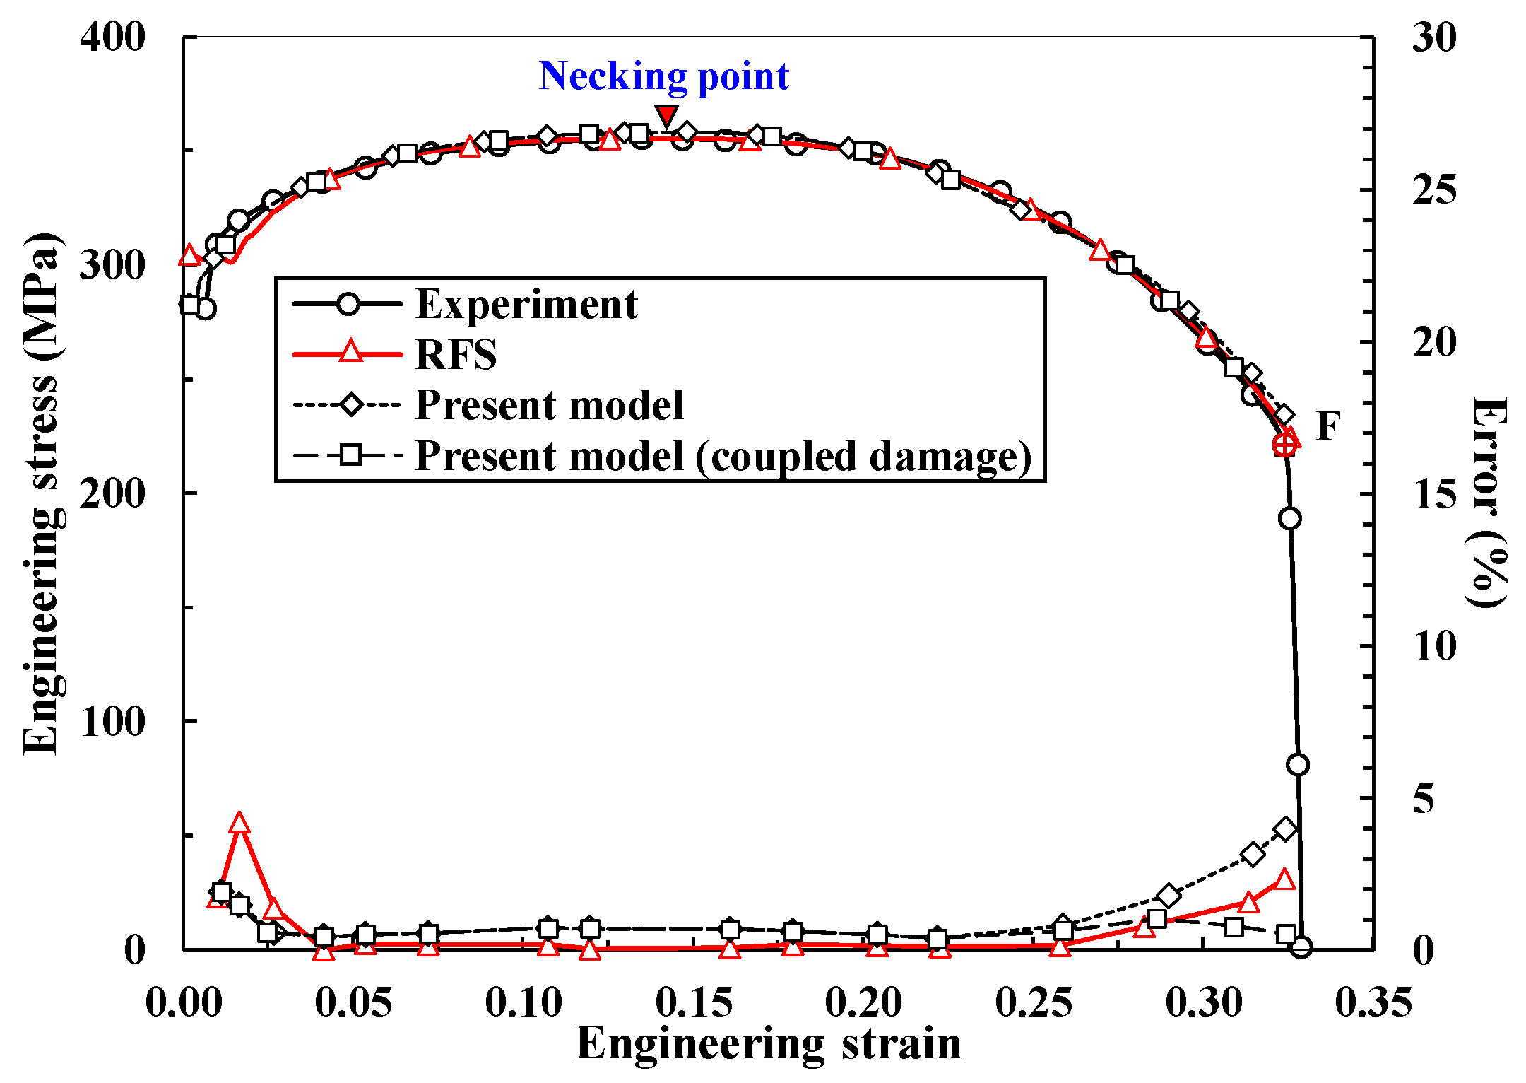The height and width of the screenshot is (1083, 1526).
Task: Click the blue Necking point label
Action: pos(663,76)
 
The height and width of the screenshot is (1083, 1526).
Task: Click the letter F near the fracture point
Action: pos(1328,426)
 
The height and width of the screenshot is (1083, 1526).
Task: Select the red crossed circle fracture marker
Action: pos(1285,445)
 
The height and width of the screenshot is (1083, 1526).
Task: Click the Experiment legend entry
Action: pos(526,305)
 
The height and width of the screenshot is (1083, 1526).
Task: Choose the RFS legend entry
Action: pos(456,355)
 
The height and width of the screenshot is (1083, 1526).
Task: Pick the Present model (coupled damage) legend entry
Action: pos(723,456)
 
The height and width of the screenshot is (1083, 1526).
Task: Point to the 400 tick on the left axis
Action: pos(112,37)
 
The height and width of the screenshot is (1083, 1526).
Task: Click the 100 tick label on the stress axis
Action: pos(112,722)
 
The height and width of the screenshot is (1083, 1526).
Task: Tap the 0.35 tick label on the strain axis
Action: pos(1373,1002)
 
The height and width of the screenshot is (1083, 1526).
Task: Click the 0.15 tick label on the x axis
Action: pos(693,1002)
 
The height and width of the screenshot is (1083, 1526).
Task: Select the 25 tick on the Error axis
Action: pos(1433,189)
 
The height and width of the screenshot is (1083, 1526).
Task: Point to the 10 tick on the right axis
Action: pos(1433,646)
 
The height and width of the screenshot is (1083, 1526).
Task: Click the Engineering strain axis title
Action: pos(769,1043)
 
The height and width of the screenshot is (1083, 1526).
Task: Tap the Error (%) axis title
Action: pos(1489,502)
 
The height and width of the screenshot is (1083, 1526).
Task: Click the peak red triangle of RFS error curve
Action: pos(239,823)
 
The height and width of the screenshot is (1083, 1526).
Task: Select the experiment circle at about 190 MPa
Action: pos(1289,518)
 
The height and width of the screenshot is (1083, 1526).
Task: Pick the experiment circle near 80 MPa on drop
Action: pos(1297,765)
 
